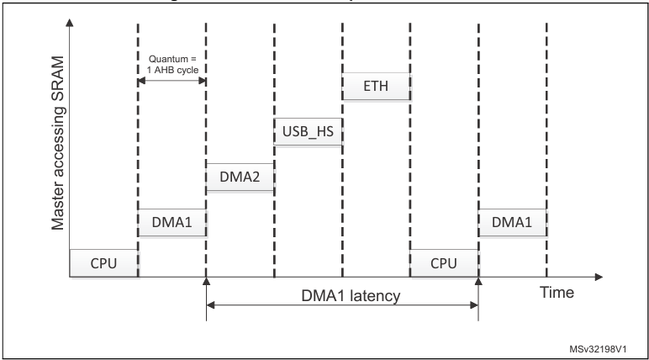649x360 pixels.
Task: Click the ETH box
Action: point(377,86)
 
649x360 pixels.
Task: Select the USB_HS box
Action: point(309,132)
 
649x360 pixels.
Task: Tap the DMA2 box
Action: point(240,177)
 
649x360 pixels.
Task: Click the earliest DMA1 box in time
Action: point(171,222)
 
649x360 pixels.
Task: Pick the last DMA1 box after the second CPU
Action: point(512,222)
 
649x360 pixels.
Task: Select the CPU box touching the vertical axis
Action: point(103,263)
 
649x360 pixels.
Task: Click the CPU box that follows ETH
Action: point(444,263)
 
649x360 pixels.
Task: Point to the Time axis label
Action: point(557,293)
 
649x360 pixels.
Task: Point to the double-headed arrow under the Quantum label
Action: point(171,81)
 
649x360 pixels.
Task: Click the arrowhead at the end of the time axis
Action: point(599,277)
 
